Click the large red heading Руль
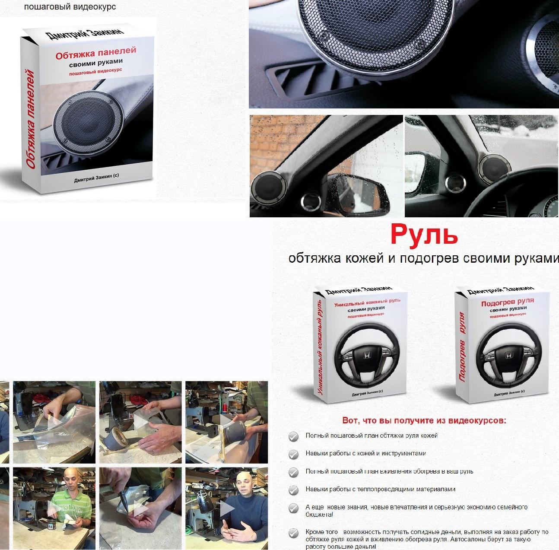[424, 235]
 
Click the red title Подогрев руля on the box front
[508, 302]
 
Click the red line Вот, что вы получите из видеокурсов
[424, 420]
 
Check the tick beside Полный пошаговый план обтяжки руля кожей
[293, 436]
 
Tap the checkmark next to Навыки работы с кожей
[293, 454]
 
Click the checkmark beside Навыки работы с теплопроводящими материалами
[293, 490]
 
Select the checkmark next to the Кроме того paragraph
[293, 533]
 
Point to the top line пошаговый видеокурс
[70, 7]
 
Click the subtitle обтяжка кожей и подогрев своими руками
[423, 258]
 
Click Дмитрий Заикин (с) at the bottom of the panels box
[99, 182]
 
